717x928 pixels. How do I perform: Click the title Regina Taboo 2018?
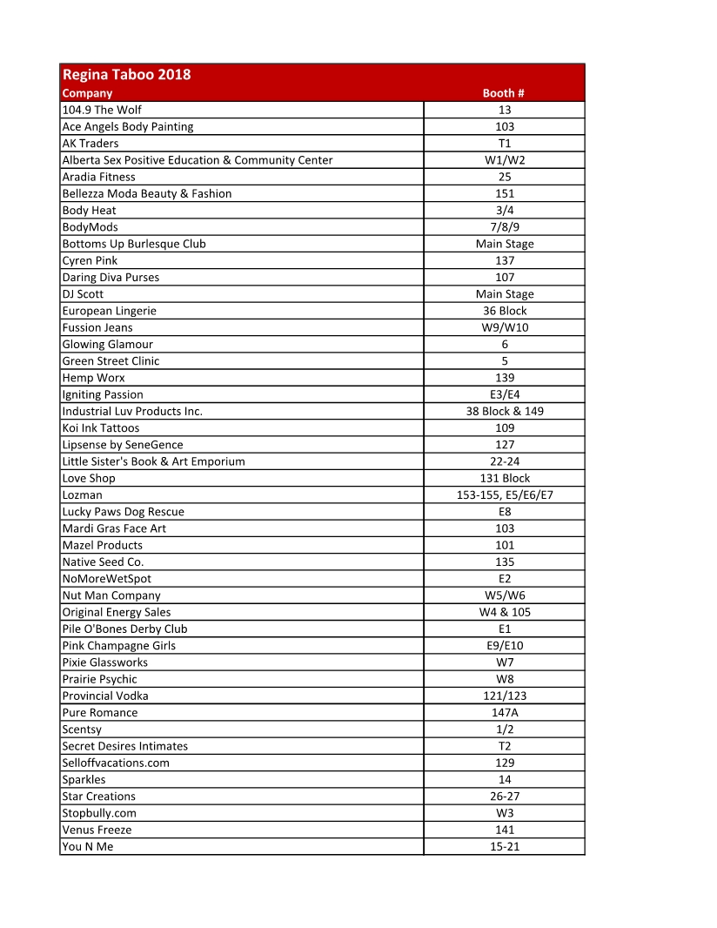[127, 75]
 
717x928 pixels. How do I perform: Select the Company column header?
[88, 93]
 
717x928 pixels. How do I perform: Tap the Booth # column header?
[504, 93]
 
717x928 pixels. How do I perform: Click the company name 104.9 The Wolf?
[102, 110]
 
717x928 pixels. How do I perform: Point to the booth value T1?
[505, 144]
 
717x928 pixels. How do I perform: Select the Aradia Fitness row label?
[99, 177]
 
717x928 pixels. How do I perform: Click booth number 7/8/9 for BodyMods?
[505, 227]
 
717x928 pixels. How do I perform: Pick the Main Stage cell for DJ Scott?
[505, 294]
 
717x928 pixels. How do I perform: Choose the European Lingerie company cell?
[110, 311]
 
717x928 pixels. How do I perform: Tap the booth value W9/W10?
[505, 327]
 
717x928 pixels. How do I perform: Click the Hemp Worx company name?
[94, 378]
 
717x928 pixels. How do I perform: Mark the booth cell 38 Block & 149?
[505, 411]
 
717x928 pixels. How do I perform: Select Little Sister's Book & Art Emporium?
[154, 461]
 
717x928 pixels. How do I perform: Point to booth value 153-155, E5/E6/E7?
[505, 495]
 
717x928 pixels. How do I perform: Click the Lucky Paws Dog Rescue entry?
[124, 512]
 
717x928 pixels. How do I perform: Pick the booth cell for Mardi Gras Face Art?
[505, 528]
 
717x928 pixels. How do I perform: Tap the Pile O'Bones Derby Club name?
[125, 629]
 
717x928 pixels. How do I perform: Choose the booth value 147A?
[505, 712]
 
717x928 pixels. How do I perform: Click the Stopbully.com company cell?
[99, 813]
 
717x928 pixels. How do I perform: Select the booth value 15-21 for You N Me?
[505, 846]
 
